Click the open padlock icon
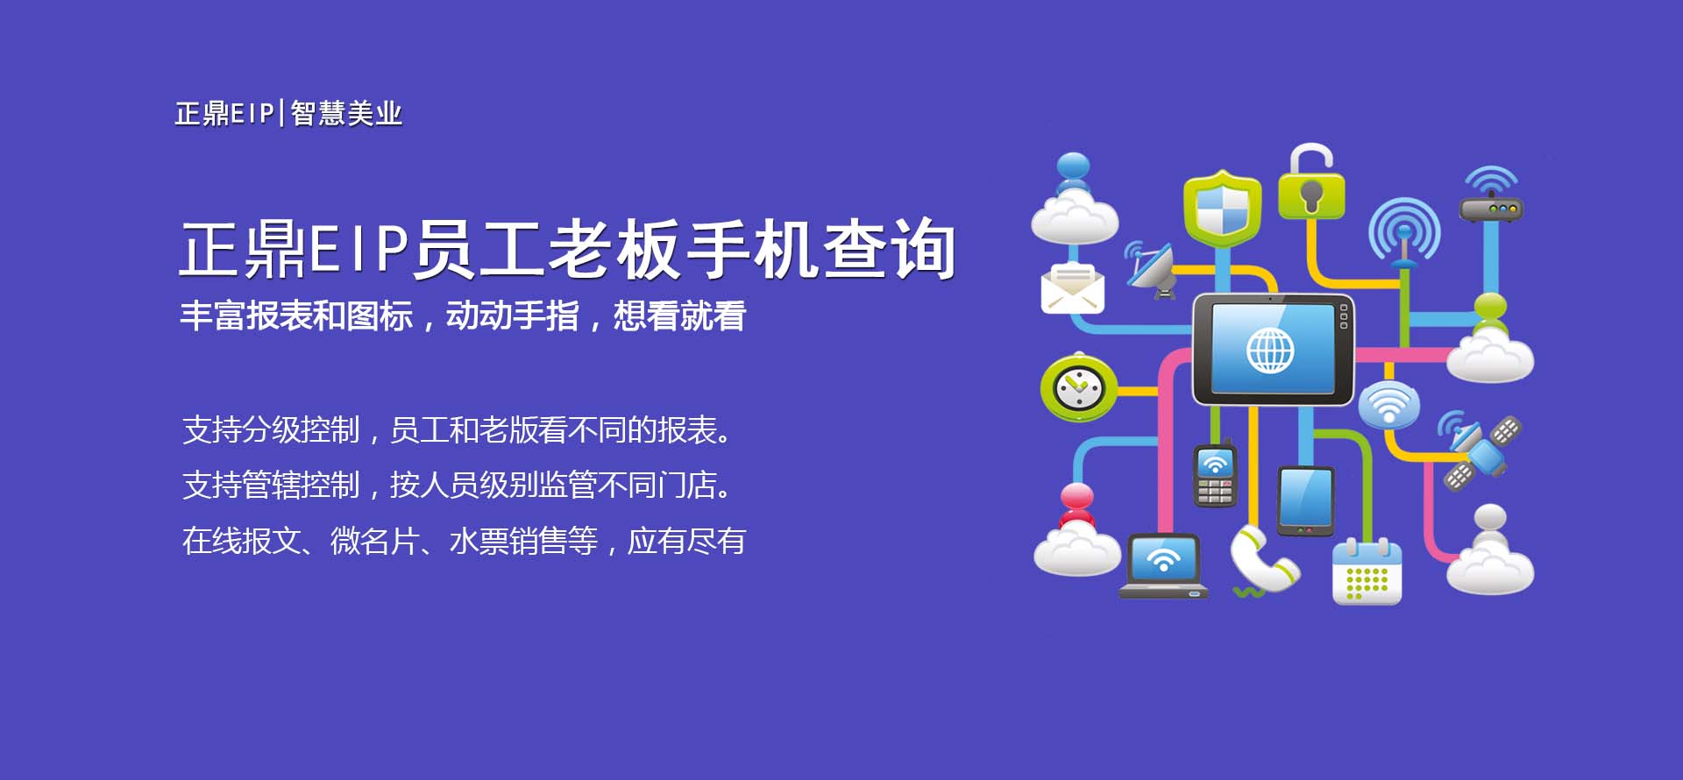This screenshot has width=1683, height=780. coord(1310,182)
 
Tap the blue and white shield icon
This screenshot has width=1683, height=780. coord(1222,209)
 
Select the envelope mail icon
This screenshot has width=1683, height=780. coord(1072,287)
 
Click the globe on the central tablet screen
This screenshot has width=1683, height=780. coord(1270,350)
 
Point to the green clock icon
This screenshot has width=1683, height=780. coord(1078,387)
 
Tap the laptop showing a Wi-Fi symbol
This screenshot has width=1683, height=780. coord(1163,566)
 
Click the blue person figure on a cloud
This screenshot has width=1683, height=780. coord(1075,199)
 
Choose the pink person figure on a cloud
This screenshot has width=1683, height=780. coord(1077,529)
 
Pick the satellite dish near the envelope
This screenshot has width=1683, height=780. coord(1150,268)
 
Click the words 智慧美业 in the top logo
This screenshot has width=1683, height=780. coord(346,114)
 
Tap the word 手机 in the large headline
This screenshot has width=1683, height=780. coord(751,250)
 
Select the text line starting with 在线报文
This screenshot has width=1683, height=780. coord(464,541)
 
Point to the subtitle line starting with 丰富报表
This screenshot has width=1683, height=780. coord(463,316)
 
